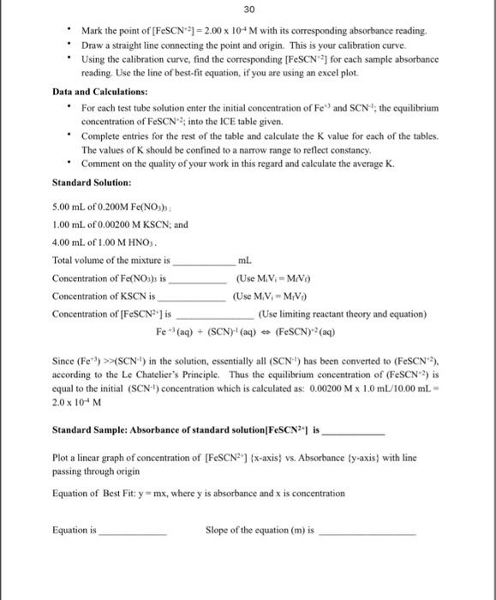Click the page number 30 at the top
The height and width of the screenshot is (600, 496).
(x=248, y=9)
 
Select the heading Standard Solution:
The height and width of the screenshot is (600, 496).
(x=92, y=183)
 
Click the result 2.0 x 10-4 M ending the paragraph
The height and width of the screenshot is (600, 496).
(x=77, y=398)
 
